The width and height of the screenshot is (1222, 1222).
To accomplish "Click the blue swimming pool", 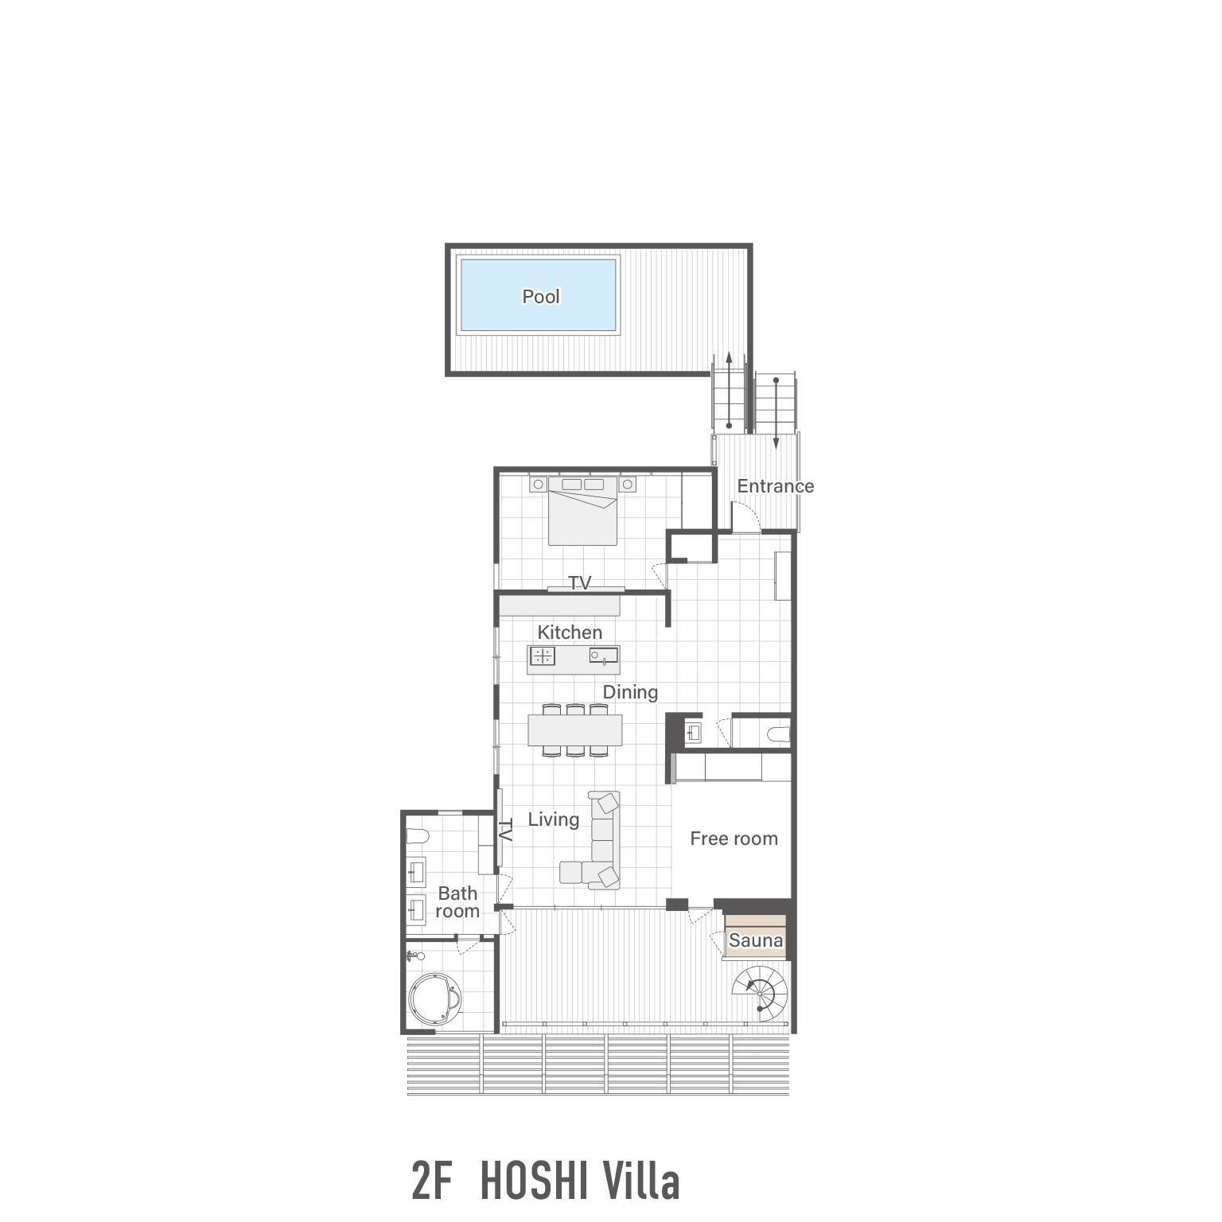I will coord(539,295).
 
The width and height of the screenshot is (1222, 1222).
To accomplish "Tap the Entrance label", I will coord(775,486).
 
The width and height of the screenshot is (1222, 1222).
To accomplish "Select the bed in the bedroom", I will coord(583,513).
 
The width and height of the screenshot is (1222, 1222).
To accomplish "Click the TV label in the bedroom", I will coord(580,583).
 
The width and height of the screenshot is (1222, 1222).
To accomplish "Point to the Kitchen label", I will coord(570,632).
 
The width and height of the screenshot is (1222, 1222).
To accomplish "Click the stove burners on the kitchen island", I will coord(544,656).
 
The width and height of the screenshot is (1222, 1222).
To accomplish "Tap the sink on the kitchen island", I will coord(602,656).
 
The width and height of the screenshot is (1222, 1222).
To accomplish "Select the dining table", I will coord(575,730).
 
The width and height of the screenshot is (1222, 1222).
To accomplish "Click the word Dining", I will coord(630,692).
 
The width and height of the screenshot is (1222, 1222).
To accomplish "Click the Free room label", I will coord(734,839).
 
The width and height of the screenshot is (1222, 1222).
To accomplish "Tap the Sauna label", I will coord(755,940).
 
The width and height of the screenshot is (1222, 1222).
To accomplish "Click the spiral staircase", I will coord(760,993).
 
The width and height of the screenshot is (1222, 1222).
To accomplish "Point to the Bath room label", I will coord(457,902).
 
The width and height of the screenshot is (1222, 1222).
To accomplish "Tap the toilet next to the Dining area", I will coord(780,733).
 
